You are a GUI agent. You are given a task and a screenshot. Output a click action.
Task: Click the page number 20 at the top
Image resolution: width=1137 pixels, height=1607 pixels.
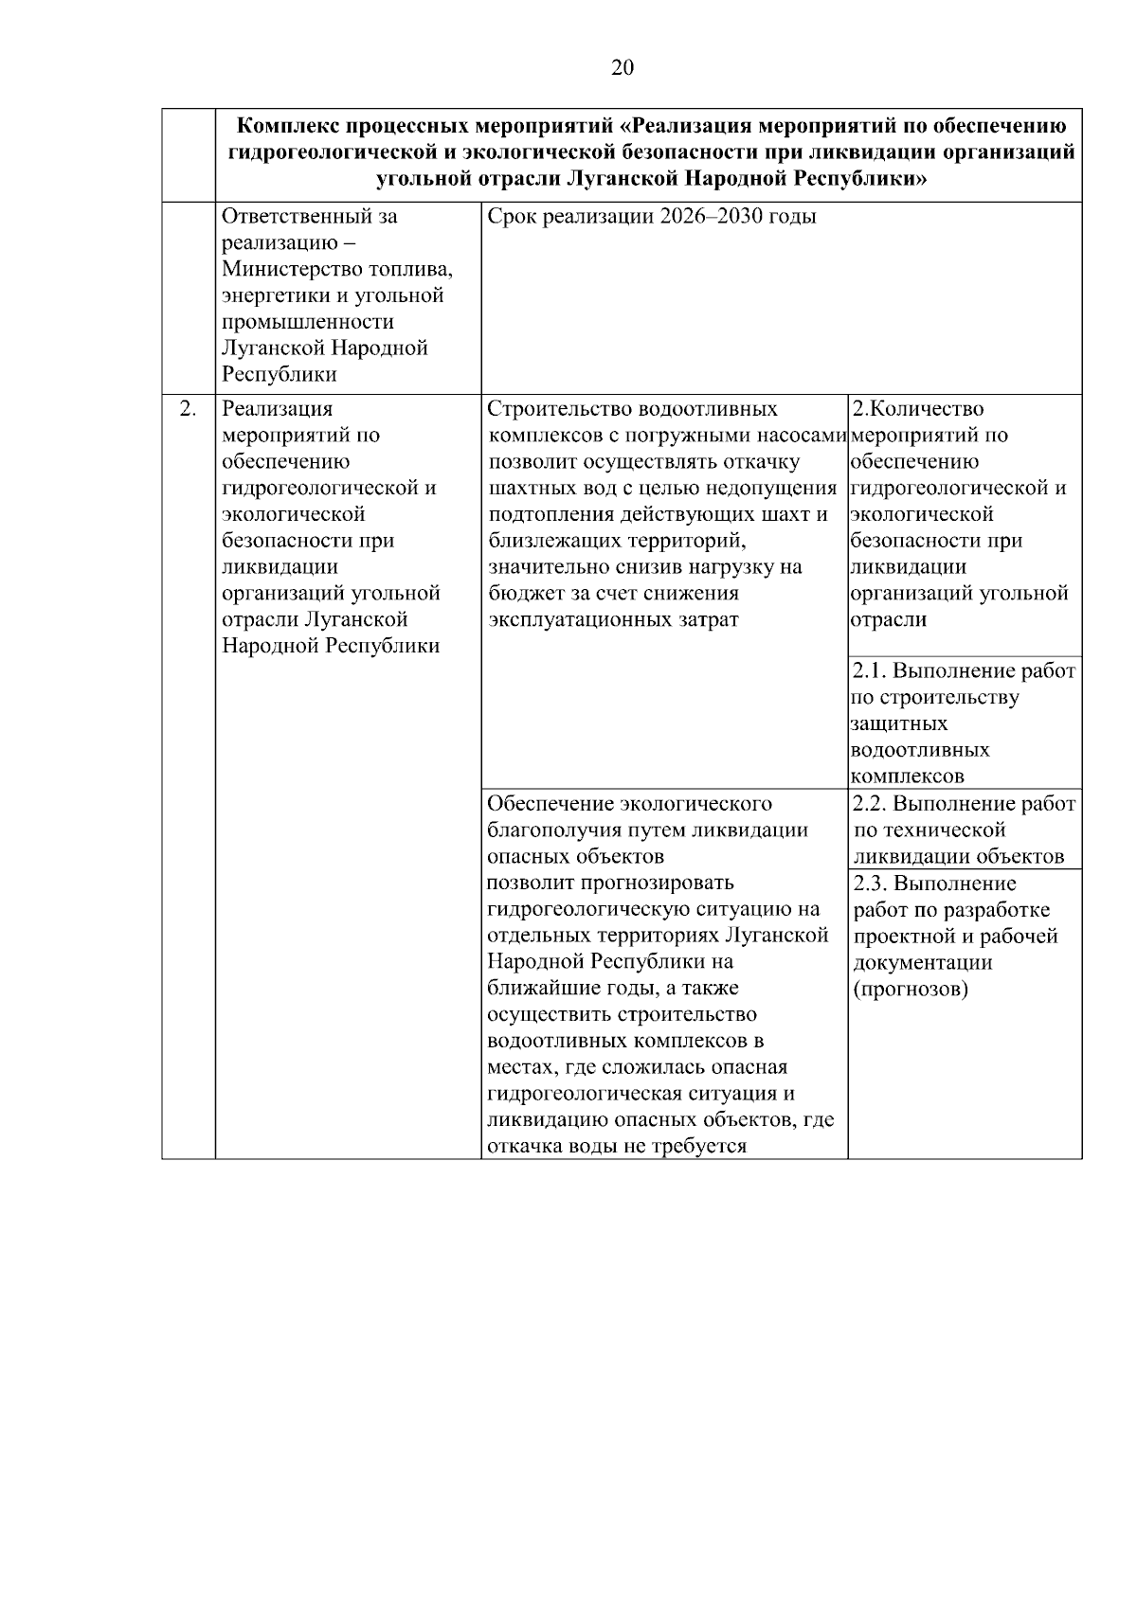[623, 67]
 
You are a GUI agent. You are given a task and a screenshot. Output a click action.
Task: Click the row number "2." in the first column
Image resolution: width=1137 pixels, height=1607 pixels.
[188, 409]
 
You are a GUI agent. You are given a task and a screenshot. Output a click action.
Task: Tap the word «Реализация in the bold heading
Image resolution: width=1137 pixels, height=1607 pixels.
[689, 126]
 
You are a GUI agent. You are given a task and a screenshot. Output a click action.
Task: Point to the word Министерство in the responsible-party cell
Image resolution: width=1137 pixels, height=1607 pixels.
[283, 270]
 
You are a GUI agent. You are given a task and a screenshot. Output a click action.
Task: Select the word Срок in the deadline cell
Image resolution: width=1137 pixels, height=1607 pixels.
[511, 217]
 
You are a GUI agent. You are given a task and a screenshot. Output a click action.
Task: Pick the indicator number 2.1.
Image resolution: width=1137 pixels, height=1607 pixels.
[868, 671]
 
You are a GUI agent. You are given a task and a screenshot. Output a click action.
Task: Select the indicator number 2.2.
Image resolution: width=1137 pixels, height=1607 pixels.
[868, 804]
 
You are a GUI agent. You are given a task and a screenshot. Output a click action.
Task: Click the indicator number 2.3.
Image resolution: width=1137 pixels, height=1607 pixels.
[868, 884]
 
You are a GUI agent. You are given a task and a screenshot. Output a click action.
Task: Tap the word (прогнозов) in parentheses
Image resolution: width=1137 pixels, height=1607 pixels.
[910, 990]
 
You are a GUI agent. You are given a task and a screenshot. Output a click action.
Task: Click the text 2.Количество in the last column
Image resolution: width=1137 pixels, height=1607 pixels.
[917, 409]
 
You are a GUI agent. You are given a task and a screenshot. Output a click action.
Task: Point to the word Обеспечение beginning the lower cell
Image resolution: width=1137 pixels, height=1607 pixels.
[549, 804]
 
